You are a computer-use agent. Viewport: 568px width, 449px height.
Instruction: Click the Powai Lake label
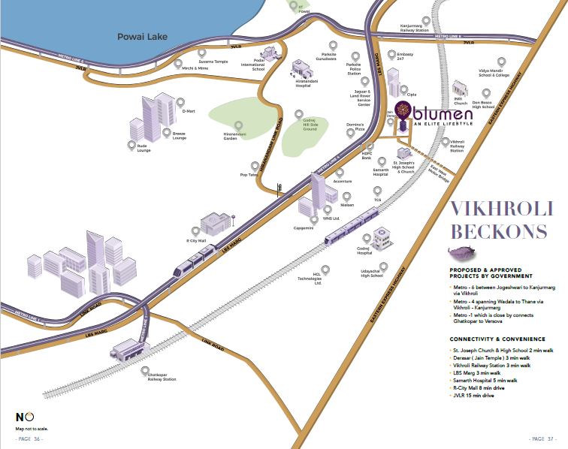(145, 37)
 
